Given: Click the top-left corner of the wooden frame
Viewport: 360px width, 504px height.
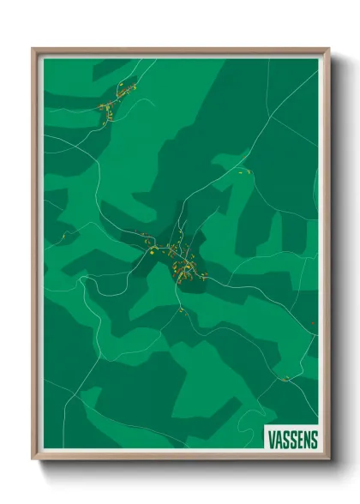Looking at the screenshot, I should click(x=33, y=50).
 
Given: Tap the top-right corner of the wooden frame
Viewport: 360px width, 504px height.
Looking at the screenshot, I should click(x=328, y=50).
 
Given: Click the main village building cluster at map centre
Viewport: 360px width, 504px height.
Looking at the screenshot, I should click(x=182, y=257).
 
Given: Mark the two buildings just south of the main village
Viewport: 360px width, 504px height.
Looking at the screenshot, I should click(x=183, y=310).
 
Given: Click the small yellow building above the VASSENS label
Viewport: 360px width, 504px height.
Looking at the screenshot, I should click(x=285, y=378).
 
